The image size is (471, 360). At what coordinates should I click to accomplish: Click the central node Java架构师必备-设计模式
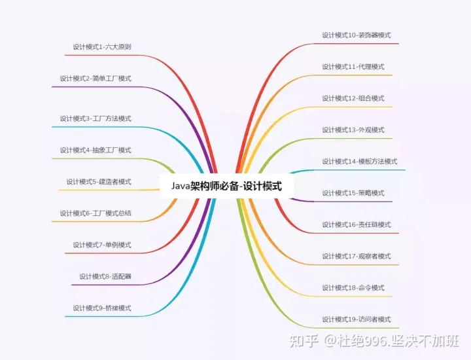click(x=226, y=186)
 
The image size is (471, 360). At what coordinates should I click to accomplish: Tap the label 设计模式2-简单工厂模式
click(x=96, y=79)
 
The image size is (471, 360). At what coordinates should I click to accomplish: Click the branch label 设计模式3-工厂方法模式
click(x=96, y=118)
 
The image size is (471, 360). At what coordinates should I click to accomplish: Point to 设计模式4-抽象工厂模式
click(x=96, y=150)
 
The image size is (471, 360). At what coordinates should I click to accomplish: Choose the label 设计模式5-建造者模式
click(x=99, y=182)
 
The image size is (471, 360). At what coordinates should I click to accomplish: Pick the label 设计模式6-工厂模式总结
click(x=96, y=213)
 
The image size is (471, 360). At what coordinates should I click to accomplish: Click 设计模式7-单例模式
click(x=102, y=245)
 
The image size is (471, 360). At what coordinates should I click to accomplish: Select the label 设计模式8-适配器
click(x=105, y=276)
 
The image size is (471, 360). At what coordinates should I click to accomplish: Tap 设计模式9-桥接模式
click(x=102, y=308)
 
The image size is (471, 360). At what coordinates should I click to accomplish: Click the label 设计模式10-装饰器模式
click(x=356, y=35)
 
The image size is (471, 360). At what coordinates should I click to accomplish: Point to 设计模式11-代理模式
click(x=353, y=67)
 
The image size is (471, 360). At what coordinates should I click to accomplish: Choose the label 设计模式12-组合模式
click(x=353, y=98)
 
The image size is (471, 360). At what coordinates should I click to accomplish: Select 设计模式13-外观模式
click(x=353, y=130)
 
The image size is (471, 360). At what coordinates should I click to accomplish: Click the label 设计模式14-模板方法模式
click(x=359, y=161)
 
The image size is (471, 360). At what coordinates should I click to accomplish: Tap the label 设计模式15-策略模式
click(x=353, y=193)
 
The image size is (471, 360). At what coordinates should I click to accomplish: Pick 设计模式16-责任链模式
click(x=356, y=225)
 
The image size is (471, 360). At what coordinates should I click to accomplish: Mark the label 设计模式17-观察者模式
click(x=356, y=256)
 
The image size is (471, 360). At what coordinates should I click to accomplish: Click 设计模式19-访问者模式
click(x=356, y=319)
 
